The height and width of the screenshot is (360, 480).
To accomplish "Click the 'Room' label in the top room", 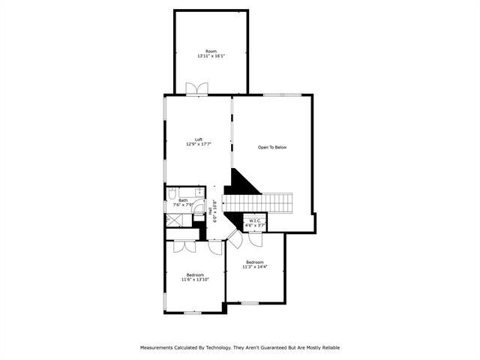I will coord(211,51).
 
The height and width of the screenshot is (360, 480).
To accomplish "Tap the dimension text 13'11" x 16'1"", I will coord(211,56).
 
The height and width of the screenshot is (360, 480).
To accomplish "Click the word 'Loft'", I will coord(199,139).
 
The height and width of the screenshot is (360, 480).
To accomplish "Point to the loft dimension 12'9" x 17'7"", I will coord(199,144).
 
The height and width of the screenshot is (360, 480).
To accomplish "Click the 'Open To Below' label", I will coord(272,147).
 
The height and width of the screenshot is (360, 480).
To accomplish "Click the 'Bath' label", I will coord(183,200).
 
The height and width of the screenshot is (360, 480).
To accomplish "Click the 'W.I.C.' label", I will coord(255,220).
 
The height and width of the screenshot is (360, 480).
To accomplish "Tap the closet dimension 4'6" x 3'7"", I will coord(255,225).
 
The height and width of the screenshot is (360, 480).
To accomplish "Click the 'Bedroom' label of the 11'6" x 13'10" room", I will coord(195,274).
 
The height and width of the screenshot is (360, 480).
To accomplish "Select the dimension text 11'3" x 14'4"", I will coord(255,266).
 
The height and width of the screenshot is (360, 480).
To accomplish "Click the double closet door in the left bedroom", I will coord(184,245).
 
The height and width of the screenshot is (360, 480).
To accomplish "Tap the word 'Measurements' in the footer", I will coord(157,347).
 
